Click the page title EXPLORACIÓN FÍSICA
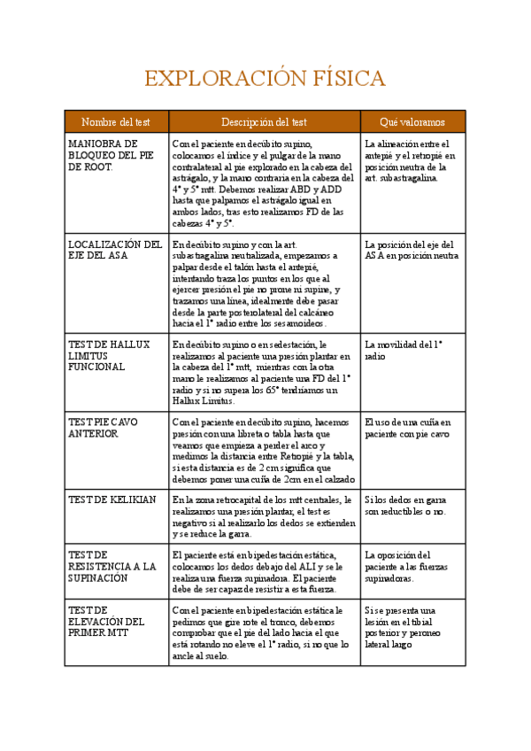tap(265, 79)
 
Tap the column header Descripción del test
tap(264, 121)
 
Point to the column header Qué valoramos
tap(412, 121)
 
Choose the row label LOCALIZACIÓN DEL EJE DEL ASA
tap(115, 251)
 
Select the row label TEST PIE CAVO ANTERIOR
tap(103, 429)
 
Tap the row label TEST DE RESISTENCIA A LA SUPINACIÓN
tap(112, 566)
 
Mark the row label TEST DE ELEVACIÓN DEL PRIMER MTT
tap(106, 622)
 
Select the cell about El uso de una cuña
tap(408, 429)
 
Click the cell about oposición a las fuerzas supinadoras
tap(408, 566)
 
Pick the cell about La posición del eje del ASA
tap(412, 251)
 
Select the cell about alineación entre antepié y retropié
tap(410, 160)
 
